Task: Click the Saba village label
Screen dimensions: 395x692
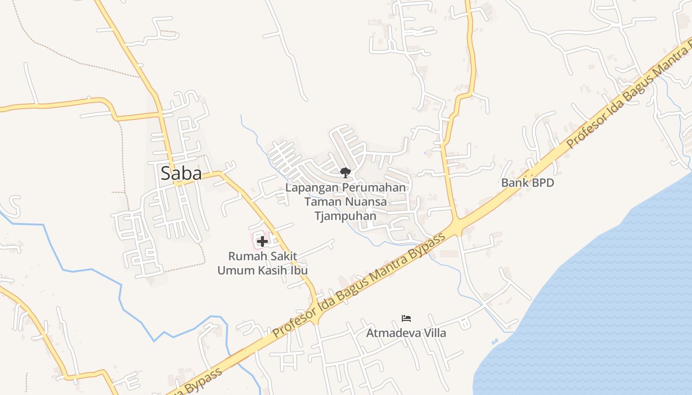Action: (181, 173)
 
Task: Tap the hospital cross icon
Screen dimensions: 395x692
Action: (262, 241)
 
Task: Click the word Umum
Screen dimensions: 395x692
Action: (232, 271)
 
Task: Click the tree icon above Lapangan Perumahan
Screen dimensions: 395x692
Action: (345, 172)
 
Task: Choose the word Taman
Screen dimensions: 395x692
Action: (319, 201)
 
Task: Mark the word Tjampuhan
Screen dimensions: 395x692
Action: (346, 216)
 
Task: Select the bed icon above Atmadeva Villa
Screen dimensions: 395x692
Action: (406, 318)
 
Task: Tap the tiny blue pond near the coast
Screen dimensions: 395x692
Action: (495, 341)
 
